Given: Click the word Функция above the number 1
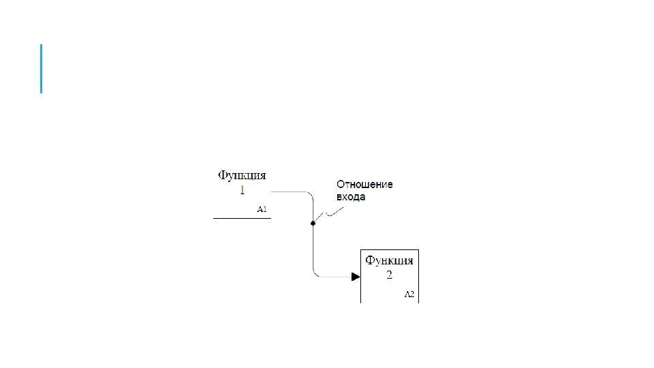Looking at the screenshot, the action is coord(242,176).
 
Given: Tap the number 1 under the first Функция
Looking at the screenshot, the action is coord(242,190).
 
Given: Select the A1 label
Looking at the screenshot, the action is coord(262,209).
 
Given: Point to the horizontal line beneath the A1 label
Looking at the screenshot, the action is coord(242,218).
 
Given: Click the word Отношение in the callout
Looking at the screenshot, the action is coord(364,185).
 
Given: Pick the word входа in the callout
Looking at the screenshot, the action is coord(351,197).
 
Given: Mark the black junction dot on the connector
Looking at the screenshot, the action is coord(313,223).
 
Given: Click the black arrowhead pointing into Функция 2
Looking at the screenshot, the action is coord(356,277).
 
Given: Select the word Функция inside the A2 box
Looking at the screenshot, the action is coord(389,260).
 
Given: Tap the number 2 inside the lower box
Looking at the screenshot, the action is coord(389,275).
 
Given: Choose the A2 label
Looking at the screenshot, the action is coord(409,294).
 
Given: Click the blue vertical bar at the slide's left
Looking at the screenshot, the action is coord(41,68).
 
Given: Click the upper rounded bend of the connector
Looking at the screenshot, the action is coord(309,196).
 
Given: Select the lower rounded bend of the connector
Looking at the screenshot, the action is coord(316,273).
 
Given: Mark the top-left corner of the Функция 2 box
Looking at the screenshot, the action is coord(361,251).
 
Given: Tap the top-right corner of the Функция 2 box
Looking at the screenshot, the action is coord(418,251).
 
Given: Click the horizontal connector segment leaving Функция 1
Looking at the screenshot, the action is coord(290,193).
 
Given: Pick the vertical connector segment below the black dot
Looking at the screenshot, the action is coord(313,249).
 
